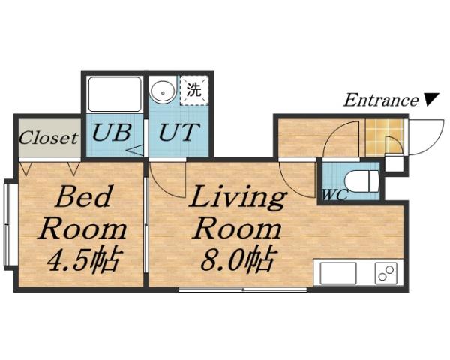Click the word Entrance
pos(380,100)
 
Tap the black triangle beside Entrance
pos(430,100)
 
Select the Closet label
pos(48,138)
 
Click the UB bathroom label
pos(112,134)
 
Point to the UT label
pos(180,134)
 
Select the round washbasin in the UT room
pos(162,92)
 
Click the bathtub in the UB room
pos(115,94)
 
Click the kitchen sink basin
pos(338,273)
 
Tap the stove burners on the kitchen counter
pos(386,273)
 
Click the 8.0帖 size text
pos(235,260)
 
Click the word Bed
pos(84,198)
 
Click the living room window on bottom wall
pos(242,289)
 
